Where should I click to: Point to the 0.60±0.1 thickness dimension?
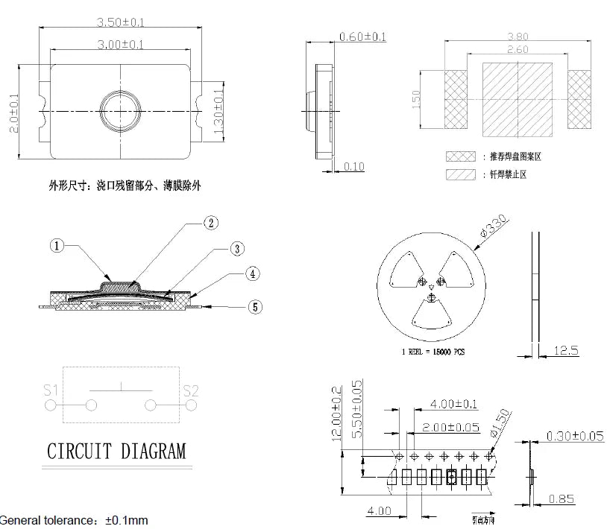click(362, 37)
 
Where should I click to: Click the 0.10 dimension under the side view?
click(354, 167)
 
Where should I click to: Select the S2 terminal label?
click(191, 390)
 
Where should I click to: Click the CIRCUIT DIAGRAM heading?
click(116, 451)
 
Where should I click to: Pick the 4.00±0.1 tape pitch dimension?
click(454, 405)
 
